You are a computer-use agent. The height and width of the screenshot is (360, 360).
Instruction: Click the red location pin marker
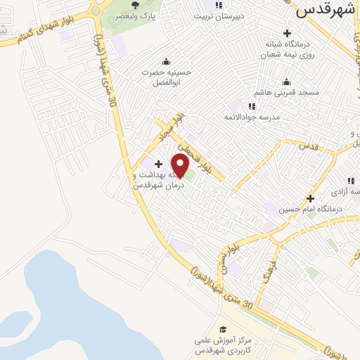181,165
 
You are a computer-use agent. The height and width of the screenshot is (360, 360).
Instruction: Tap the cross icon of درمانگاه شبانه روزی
286,33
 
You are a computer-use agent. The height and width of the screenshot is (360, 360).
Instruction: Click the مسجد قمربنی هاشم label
289,92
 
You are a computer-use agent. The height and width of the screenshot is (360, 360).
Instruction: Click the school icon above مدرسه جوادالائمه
252,106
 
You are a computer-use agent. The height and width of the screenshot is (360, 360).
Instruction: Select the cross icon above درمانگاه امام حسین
310,198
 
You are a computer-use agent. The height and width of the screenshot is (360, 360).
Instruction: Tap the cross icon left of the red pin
158,164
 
